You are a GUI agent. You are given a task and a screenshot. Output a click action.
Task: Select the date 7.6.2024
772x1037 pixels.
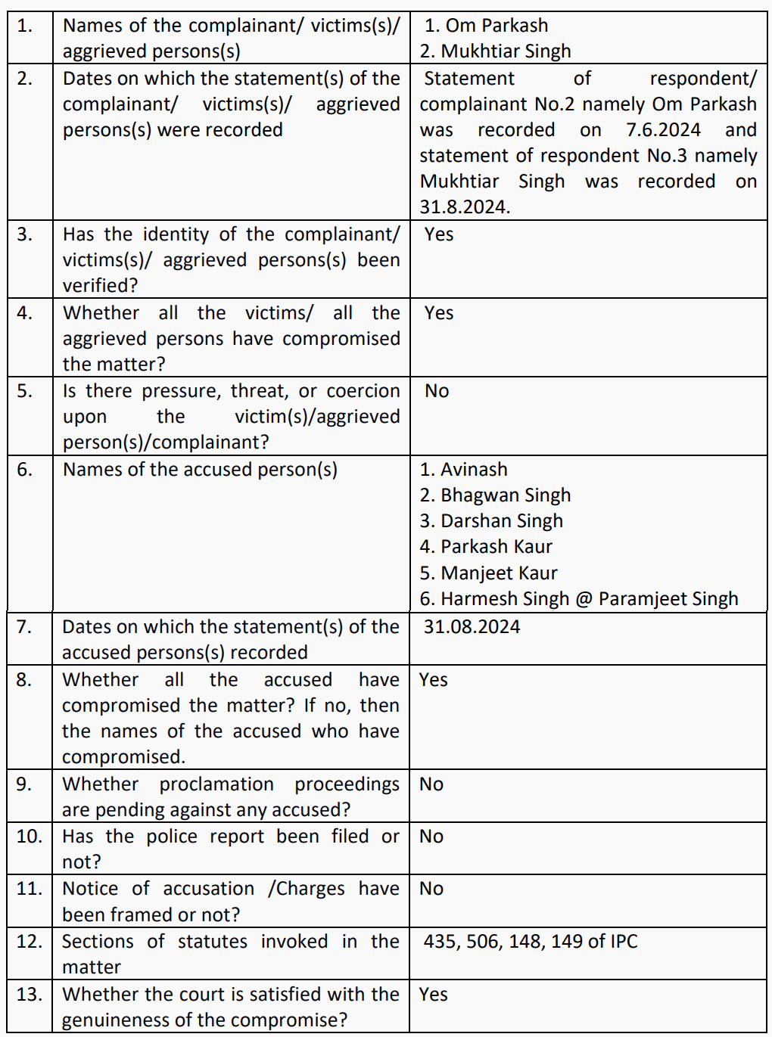(x=663, y=130)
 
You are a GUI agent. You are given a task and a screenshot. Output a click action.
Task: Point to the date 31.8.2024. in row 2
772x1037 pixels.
(x=465, y=207)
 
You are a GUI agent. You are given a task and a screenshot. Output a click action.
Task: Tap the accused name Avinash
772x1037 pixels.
(x=474, y=470)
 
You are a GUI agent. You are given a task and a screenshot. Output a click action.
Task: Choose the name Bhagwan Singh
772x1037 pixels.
(x=506, y=495)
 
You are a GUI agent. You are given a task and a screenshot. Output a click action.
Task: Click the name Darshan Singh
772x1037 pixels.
(x=502, y=521)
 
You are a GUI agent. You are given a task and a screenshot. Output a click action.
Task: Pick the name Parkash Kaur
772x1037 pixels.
(x=497, y=547)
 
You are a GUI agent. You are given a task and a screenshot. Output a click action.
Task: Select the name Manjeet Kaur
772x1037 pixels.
(x=499, y=573)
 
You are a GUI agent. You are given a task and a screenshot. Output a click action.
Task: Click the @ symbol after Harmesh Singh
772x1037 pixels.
(x=584, y=599)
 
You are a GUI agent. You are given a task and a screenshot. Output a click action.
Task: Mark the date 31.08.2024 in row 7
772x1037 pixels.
(x=472, y=627)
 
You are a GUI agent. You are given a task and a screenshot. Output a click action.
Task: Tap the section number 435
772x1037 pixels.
(x=440, y=942)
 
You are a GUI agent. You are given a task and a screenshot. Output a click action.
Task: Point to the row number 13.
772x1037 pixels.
(x=29, y=995)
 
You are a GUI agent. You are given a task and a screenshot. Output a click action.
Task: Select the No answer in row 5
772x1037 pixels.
(x=437, y=391)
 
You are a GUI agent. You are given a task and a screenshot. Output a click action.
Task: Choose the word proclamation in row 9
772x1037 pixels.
(x=216, y=784)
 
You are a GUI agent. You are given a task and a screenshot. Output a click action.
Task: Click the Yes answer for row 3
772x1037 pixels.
(x=439, y=234)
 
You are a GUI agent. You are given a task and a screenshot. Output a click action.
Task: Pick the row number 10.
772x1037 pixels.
(x=29, y=837)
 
